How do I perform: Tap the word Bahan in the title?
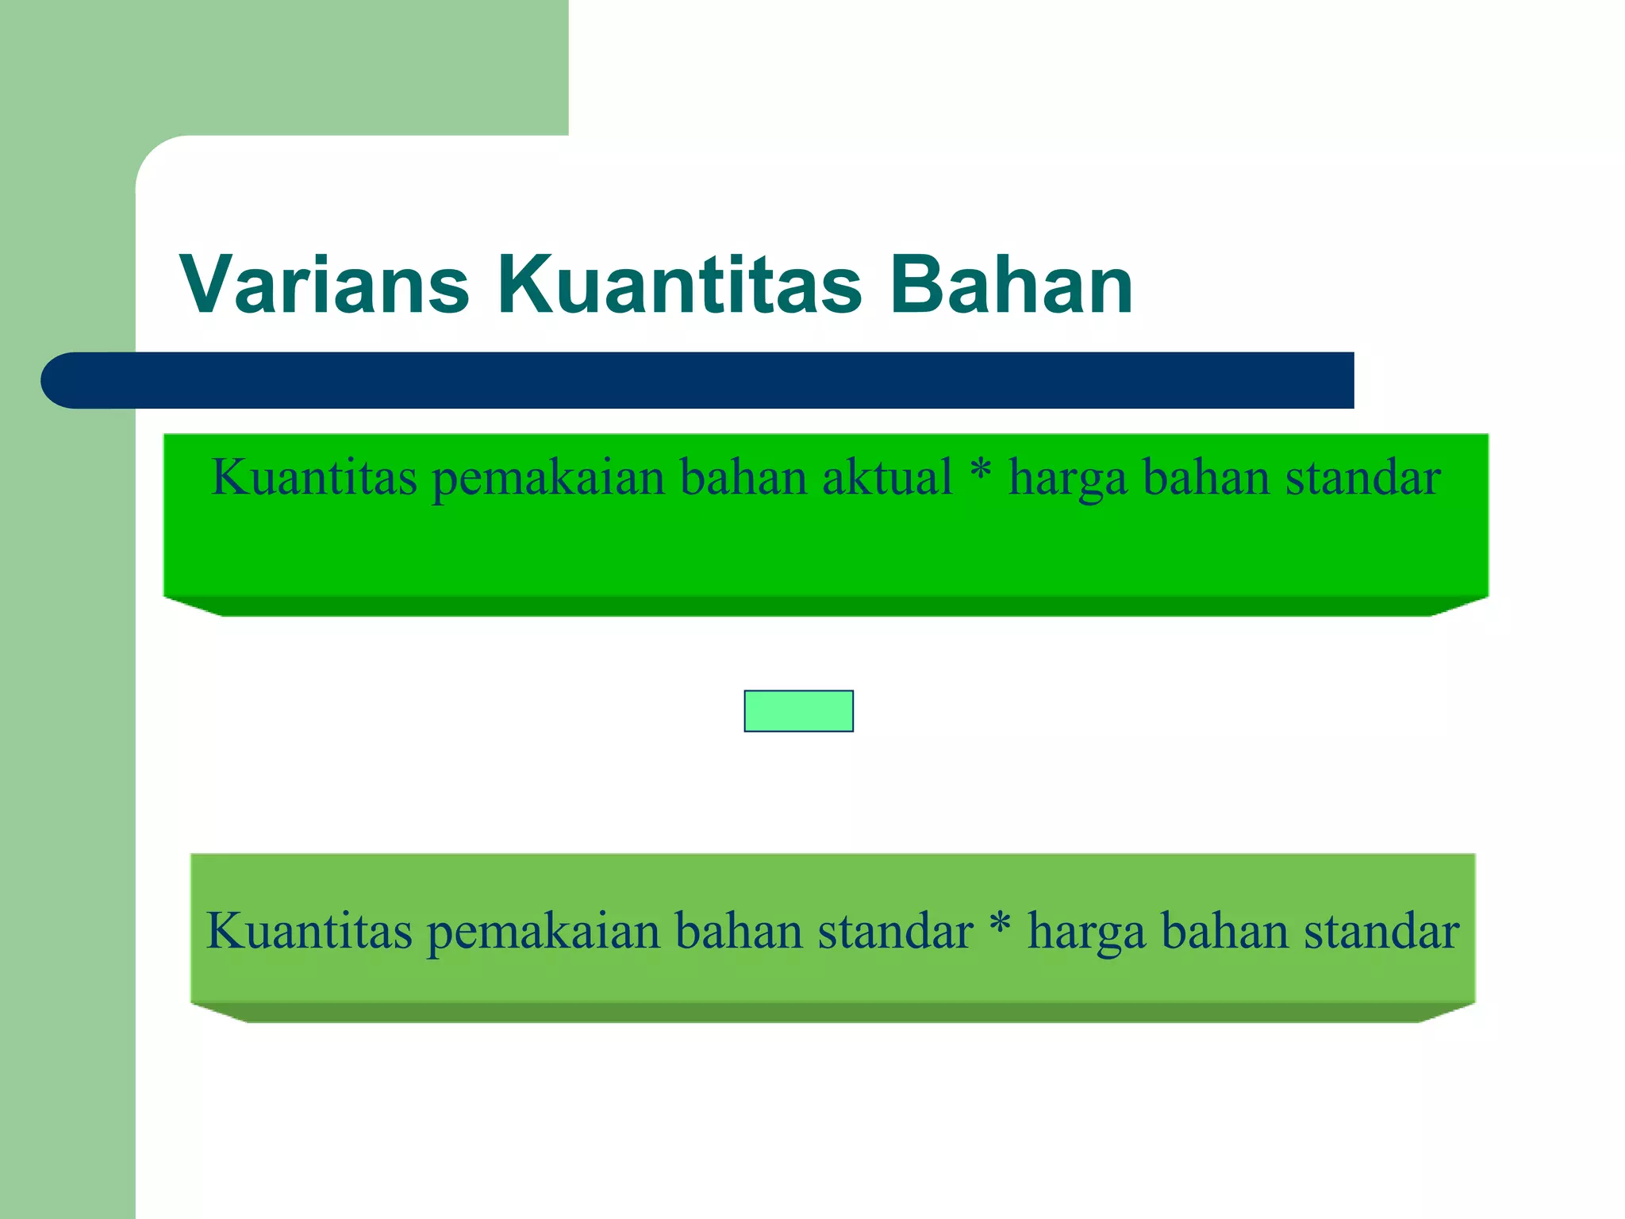click(x=1011, y=285)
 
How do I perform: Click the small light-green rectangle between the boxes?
click(x=798, y=711)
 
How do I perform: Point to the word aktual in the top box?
click(x=886, y=479)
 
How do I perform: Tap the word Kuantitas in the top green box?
click(x=314, y=479)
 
